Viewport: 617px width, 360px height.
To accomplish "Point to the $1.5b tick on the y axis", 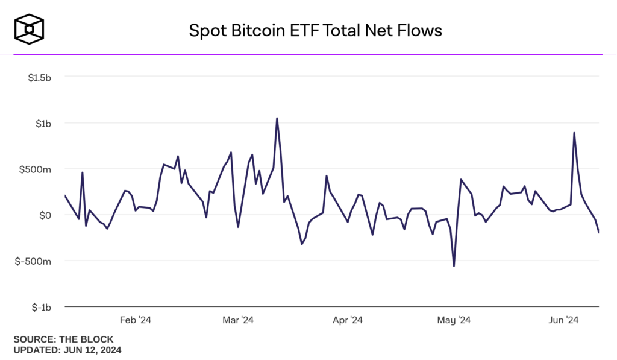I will pos(39,77).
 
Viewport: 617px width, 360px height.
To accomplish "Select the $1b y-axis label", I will pos(43,124).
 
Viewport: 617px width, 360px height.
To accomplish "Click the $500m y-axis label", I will pos(37,169).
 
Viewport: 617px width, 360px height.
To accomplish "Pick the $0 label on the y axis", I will pos(45,215).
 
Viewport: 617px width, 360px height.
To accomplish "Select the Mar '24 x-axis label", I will pos(239,320).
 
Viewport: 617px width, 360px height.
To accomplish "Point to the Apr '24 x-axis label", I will pos(348,320).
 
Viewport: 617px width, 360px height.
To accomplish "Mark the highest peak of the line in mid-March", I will pos(277,118).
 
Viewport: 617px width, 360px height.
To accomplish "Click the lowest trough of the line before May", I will pos(454,266).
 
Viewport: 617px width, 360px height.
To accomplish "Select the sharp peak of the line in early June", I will pos(574,133).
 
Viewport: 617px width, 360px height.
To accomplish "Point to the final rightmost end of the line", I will pos(599,233).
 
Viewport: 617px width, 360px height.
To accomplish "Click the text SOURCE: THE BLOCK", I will pos(63,339).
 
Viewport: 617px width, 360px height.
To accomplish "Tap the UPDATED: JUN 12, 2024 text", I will pos(67,349).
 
